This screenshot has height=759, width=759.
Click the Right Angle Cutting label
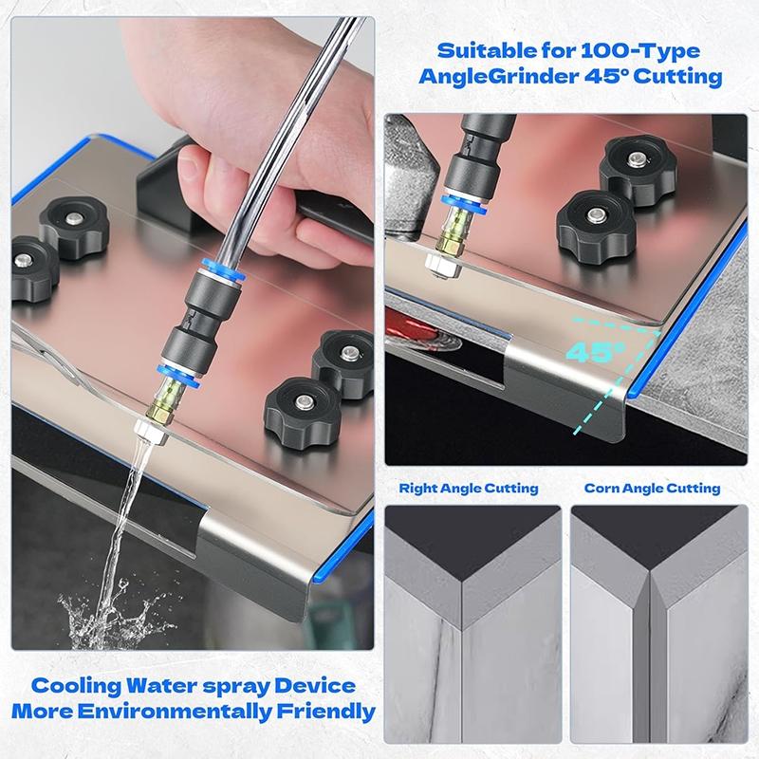469,489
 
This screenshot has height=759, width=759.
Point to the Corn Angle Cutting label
652,489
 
